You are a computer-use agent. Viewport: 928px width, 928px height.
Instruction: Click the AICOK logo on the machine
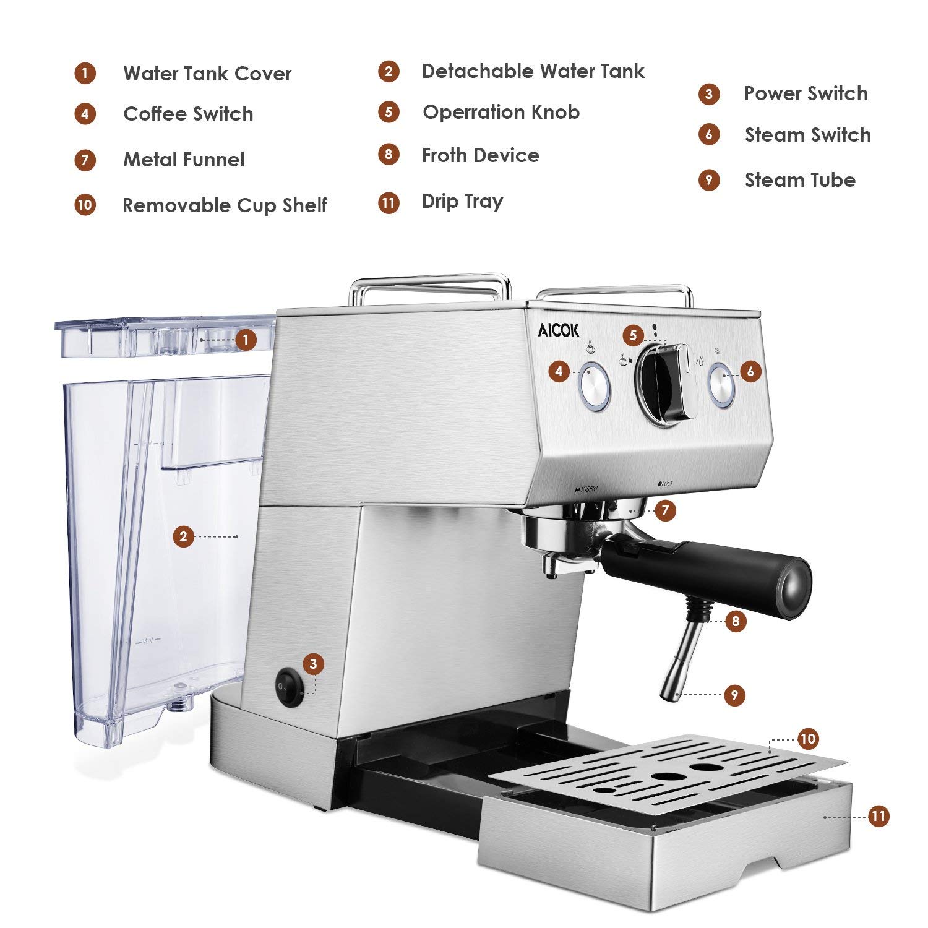pos(559,331)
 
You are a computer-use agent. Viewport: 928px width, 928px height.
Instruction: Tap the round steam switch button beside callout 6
pos(721,385)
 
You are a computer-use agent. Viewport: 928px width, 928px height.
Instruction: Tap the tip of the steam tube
pos(668,695)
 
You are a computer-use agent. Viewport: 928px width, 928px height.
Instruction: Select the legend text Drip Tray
pos(462,202)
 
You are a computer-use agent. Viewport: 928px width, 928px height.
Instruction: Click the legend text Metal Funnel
pos(184,160)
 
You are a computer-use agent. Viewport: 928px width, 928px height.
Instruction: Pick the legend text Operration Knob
pos(501,113)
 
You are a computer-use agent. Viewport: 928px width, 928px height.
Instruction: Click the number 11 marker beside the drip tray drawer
pos(879,816)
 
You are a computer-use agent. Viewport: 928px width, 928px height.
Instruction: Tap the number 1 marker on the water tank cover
pos(246,340)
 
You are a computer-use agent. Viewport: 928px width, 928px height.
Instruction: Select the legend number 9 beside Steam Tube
pos(709,181)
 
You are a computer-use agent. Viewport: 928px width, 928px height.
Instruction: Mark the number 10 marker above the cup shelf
pos(808,739)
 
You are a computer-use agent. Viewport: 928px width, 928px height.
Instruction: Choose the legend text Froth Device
pos(480,156)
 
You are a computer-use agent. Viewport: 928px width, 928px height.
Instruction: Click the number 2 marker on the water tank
pos(183,536)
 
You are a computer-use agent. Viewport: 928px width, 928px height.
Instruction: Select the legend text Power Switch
pos(806,94)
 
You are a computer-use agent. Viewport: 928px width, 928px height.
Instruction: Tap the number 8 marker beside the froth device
pos(736,621)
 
